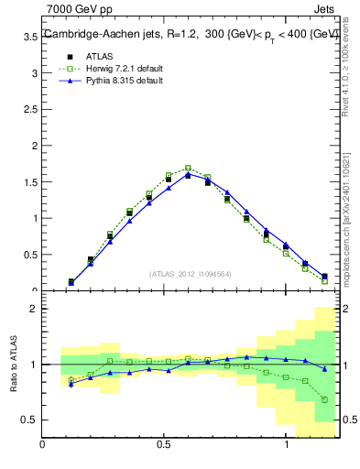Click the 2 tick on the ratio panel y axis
point(32,309)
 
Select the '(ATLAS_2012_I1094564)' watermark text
point(190,273)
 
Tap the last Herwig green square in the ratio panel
point(325,399)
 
